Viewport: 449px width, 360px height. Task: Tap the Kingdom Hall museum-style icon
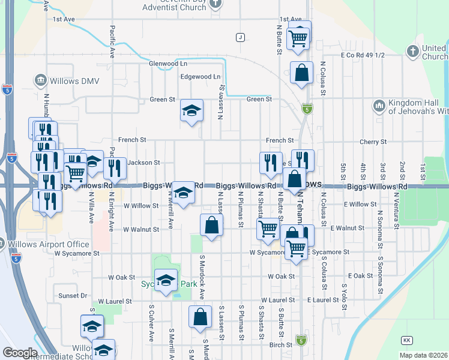point(379,106)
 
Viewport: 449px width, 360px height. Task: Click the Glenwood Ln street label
point(168,63)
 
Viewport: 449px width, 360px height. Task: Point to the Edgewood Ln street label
point(200,77)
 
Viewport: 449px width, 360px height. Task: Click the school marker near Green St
point(191,111)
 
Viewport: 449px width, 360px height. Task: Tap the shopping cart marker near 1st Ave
point(298,38)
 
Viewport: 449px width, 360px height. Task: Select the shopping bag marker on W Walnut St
point(211,226)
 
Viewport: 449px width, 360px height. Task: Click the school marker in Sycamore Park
point(166,281)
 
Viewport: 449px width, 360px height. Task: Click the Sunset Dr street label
point(73,296)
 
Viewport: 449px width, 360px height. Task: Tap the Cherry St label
point(373,142)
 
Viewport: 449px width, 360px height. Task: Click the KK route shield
point(407,340)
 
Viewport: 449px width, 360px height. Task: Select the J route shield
point(240,37)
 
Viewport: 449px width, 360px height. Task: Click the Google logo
point(19,353)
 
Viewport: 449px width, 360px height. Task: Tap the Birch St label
point(280,344)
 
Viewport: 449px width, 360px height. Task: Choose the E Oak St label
point(360,276)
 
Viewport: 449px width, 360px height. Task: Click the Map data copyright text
point(423,355)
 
